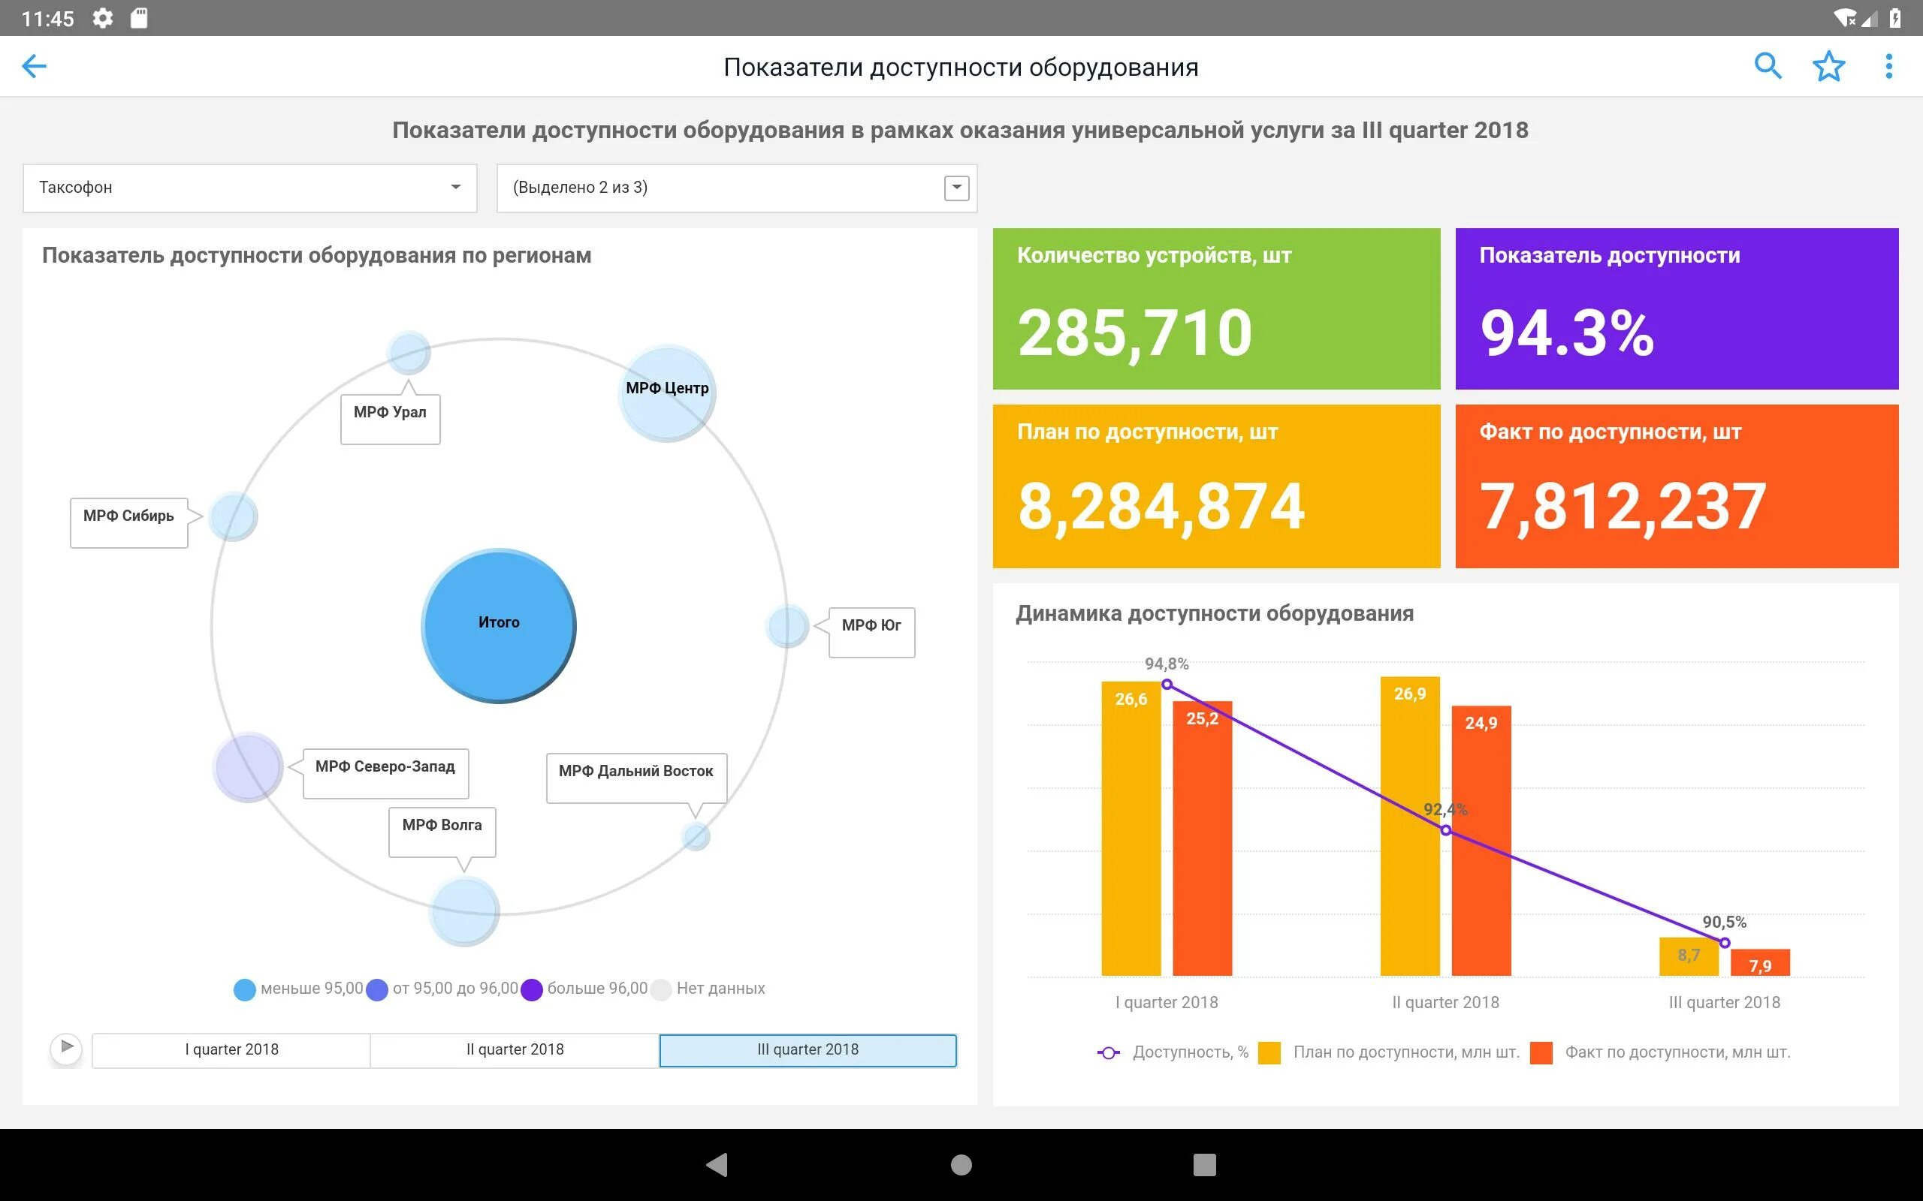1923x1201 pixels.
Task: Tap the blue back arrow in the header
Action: coord(34,66)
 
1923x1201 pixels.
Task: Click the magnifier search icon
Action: coord(1768,66)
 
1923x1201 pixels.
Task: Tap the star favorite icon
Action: coord(1828,66)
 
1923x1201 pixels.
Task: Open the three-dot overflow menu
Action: coord(1889,66)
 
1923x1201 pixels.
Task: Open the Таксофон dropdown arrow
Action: coord(455,188)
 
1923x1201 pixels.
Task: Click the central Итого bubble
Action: coord(498,625)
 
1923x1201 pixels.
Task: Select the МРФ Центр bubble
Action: coord(667,393)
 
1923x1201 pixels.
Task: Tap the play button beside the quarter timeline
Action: coord(67,1048)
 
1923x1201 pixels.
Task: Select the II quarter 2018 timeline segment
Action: coord(515,1050)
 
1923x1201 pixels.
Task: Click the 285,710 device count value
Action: coord(1135,333)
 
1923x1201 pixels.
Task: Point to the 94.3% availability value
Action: coord(1567,333)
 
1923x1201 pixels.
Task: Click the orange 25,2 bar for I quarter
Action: coord(1201,842)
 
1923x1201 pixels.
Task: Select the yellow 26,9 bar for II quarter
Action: coord(1410,826)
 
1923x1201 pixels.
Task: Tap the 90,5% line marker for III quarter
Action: coord(1725,943)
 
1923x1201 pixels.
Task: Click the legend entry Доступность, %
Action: coord(1173,1052)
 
